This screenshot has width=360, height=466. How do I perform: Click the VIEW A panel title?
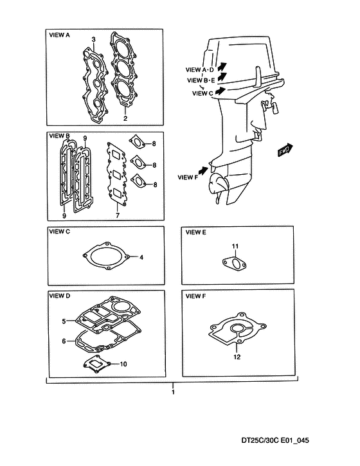(59, 35)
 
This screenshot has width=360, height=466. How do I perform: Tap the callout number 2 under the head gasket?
(125, 118)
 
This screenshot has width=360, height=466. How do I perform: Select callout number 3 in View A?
(93, 39)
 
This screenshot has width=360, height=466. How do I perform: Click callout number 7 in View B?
(118, 215)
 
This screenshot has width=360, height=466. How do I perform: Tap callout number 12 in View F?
(237, 357)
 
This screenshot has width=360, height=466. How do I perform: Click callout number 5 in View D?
(64, 321)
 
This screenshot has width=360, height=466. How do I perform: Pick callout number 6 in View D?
(64, 341)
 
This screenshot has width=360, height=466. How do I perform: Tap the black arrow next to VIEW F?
(203, 171)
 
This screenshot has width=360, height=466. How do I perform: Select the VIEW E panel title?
(195, 233)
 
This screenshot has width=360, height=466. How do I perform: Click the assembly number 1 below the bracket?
(173, 392)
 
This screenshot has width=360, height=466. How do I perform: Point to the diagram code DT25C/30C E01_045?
(275, 440)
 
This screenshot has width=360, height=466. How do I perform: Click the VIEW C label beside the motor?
(203, 93)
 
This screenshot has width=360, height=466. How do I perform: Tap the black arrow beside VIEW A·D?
(222, 66)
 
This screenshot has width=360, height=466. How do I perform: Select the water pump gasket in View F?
(237, 329)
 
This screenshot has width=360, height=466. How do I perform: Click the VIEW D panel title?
(59, 296)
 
